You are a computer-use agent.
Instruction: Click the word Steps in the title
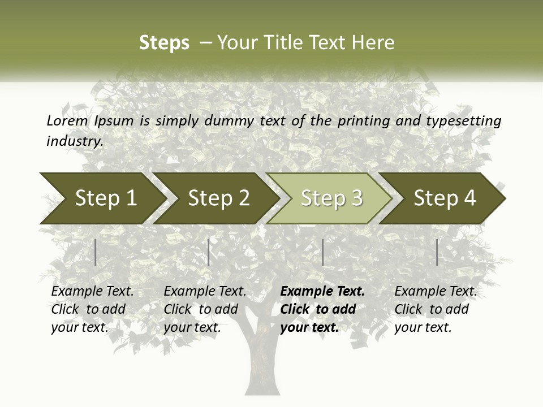(x=164, y=42)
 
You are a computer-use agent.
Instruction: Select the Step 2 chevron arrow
(x=218, y=198)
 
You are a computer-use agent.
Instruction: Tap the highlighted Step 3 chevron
(x=331, y=198)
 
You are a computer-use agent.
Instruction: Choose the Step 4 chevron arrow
(x=445, y=198)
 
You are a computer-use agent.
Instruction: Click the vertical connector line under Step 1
(x=96, y=252)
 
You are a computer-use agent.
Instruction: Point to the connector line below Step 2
(x=209, y=252)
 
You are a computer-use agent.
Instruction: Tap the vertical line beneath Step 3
(x=323, y=252)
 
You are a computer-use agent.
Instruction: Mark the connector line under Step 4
(x=437, y=252)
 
